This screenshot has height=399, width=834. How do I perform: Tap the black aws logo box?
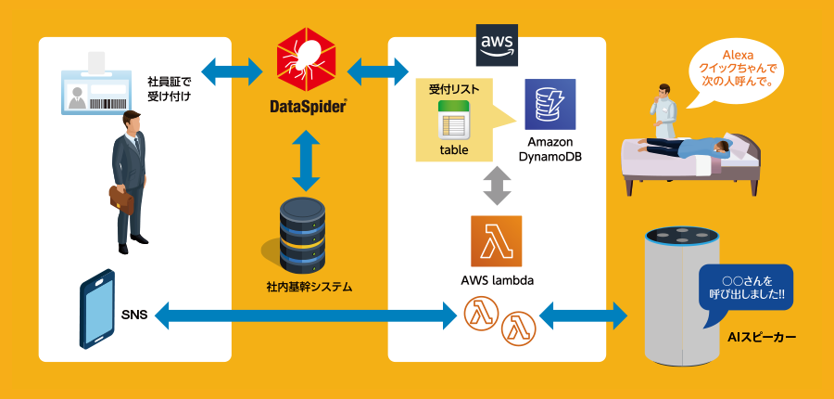pos(497,45)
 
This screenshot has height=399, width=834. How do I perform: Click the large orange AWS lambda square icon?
pos(496,240)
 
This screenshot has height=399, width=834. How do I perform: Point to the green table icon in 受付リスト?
pos(454,123)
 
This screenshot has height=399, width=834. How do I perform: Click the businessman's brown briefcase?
pos(121,199)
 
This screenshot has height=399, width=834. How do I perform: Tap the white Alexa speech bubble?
pos(736,68)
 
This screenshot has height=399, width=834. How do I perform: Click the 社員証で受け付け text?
pos(169,88)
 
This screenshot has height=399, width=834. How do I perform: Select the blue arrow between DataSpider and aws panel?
pos(378,68)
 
